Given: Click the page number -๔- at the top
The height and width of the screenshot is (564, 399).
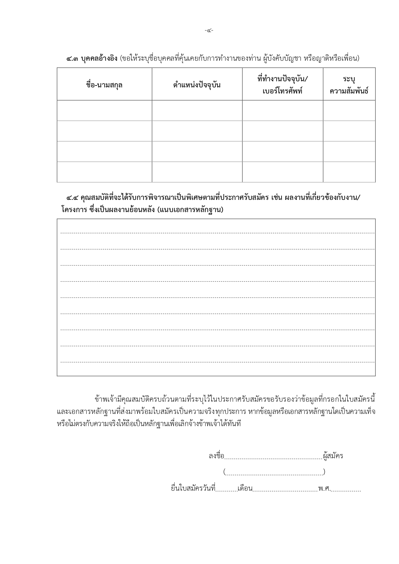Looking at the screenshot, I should coord(209,31).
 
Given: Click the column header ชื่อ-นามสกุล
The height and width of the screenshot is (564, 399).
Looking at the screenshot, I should coord(104,85).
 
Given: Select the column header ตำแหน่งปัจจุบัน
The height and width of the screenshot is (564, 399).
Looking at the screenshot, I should coord(197,85).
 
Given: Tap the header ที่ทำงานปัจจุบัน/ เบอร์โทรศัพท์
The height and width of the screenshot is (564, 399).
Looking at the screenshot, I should coord(282,85).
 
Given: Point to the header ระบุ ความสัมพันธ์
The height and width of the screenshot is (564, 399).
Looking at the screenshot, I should coord(349,85).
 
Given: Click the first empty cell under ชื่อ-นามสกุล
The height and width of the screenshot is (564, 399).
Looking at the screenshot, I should coord(104,111).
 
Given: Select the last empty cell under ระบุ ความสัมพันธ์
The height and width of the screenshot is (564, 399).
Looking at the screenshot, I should coord(349,172).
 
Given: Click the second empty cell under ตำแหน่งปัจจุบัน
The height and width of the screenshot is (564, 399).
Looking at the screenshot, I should coord(197,131).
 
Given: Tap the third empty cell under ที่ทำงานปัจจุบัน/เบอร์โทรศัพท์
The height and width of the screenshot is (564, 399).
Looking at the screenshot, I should coord(282,151).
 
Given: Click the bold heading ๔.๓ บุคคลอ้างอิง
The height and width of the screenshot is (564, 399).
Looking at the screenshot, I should coord(92,58).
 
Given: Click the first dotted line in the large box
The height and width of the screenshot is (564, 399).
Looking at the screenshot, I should coord(217,233).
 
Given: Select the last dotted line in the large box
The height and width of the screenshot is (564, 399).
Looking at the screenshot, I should coord(217,362).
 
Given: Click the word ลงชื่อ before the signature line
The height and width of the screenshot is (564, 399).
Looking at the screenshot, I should coord(216,456).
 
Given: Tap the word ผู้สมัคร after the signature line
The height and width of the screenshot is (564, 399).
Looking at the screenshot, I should coord(333,456).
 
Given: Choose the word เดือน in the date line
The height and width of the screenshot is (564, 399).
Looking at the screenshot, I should coord(245,489).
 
